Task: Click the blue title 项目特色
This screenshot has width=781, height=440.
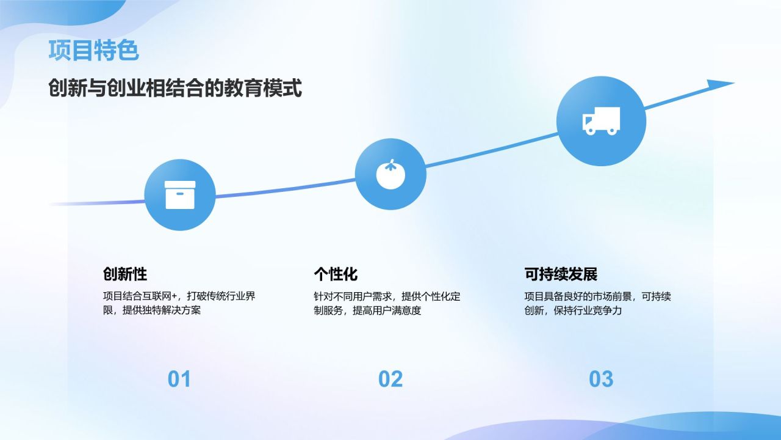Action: [x=93, y=51]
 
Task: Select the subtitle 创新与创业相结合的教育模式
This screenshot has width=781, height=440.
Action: [x=175, y=89]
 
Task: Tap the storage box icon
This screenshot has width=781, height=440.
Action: [x=180, y=195]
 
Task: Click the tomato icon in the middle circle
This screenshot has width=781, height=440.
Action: [x=390, y=175]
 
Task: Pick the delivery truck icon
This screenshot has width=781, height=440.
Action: [x=601, y=120]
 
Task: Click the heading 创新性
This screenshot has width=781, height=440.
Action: [x=125, y=273]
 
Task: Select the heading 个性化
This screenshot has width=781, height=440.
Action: [x=336, y=273]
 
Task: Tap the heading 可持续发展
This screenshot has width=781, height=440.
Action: [x=561, y=273]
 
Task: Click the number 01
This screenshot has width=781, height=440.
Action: [x=179, y=379]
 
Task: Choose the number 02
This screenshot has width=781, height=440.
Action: [x=390, y=379]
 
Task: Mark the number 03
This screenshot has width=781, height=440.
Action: [x=601, y=379]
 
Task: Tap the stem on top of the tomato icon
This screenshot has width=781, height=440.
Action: [x=390, y=163]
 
